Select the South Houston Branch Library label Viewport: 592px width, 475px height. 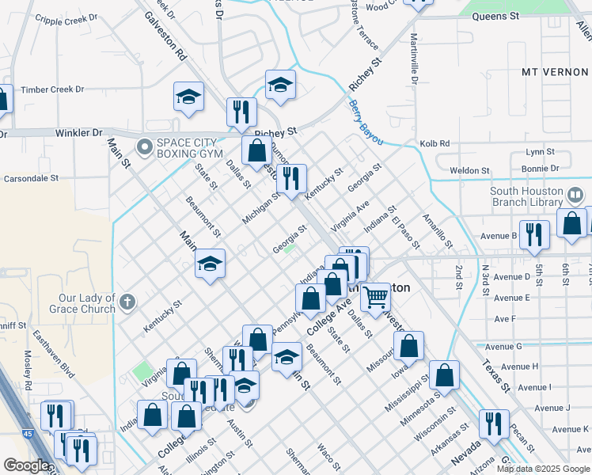tap(526, 196)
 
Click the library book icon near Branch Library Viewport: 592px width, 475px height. tap(576, 194)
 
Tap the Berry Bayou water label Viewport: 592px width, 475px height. tap(366, 123)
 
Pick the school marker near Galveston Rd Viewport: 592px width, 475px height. tap(188, 97)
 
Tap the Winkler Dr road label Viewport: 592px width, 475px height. tap(80, 133)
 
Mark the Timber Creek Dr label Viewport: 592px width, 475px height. tap(53, 89)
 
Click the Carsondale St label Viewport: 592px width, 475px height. tap(32, 179)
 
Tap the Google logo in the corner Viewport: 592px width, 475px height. tap(26, 465)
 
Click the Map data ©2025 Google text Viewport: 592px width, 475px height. tap(543, 469)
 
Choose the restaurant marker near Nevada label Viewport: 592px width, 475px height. tap(494, 424)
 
